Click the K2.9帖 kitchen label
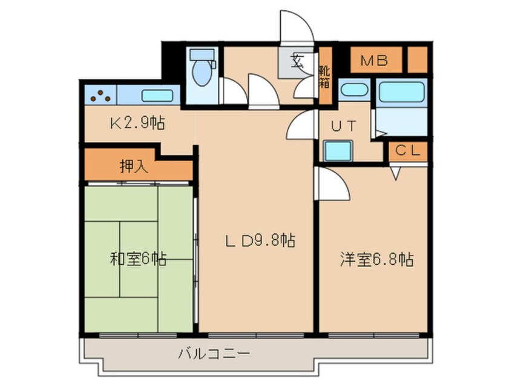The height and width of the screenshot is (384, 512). [x=137, y=124]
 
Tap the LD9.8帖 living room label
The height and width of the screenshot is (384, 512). [x=260, y=241]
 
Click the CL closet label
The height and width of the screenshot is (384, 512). [x=408, y=151]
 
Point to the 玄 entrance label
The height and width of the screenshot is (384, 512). [x=297, y=61]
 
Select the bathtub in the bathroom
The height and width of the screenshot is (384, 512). [x=402, y=92]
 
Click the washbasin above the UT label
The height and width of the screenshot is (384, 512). [x=353, y=91]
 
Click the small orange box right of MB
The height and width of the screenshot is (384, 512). [x=417, y=60]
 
